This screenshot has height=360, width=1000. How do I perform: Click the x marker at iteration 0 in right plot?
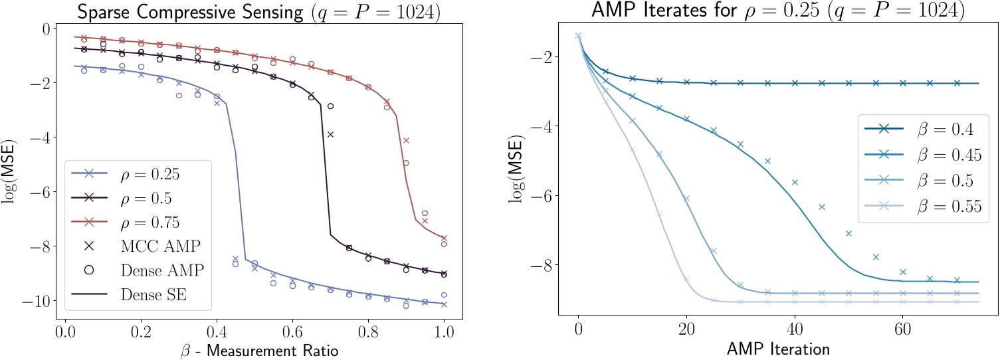pos(578,36)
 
